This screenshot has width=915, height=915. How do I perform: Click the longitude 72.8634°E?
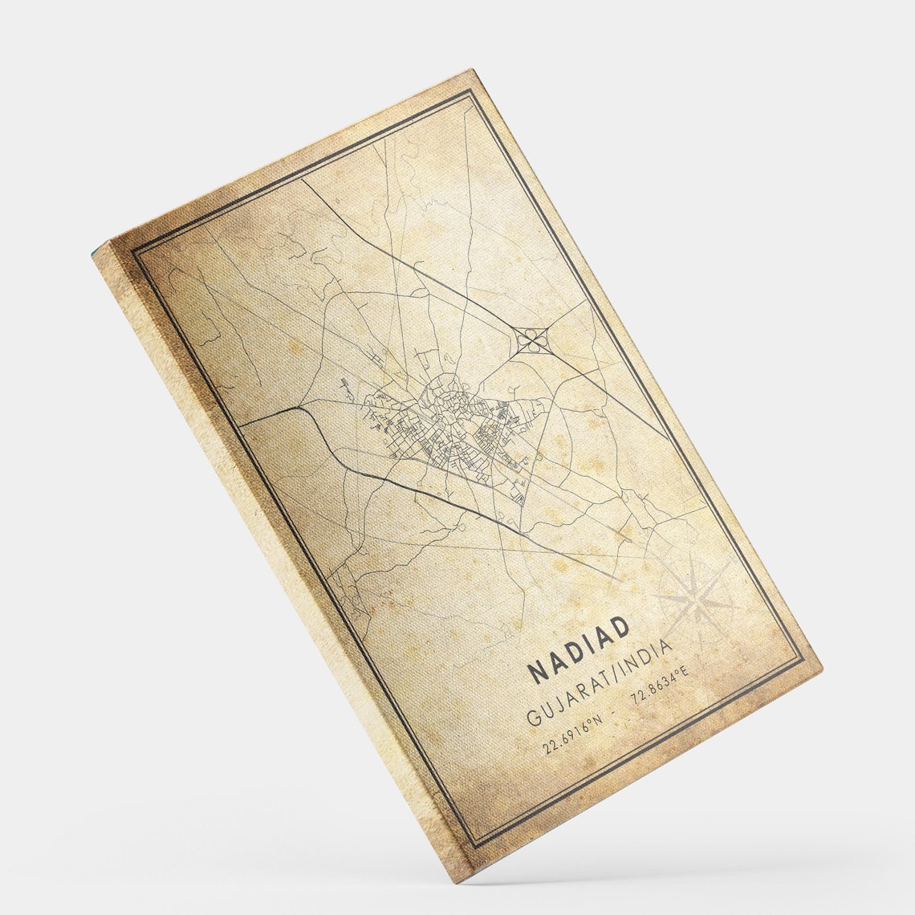tap(660, 686)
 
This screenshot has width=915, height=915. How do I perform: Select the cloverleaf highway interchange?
tap(531, 341)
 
